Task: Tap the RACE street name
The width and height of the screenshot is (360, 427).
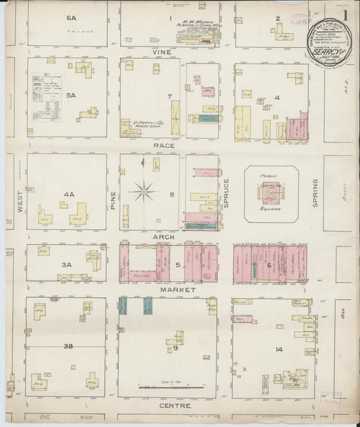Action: coord(164,145)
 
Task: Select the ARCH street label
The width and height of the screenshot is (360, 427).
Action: coord(164,237)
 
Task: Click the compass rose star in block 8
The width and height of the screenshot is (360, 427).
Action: coord(143,191)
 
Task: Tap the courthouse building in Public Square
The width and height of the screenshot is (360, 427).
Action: coord(270,193)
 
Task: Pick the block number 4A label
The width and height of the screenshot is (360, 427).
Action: coord(68,195)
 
